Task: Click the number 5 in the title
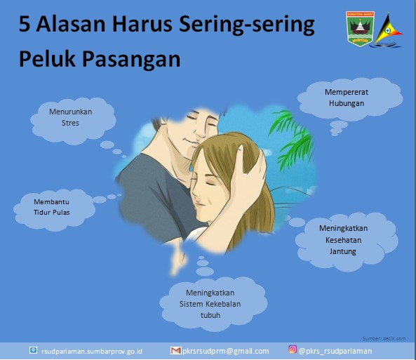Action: (25, 24)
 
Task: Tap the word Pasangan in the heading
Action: (131, 60)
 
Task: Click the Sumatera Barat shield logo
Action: (360, 28)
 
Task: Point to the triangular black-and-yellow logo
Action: (388, 31)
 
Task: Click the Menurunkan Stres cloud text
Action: (71, 117)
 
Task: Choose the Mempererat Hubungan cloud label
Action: (347, 98)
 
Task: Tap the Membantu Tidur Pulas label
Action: (51, 207)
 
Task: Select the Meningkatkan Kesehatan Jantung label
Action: (343, 240)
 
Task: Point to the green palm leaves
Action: (293, 138)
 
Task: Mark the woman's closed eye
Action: (210, 183)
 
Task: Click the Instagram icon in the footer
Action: (293, 349)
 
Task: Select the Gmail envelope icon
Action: (175, 351)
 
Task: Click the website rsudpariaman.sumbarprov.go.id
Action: (92, 352)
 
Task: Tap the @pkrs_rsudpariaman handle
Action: (335, 351)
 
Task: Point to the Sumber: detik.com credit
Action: (384, 338)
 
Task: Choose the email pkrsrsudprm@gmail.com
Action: (225, 351)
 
